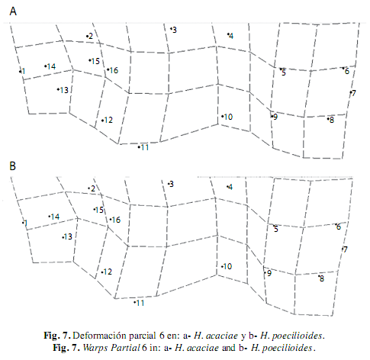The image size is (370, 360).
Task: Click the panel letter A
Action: click(x=13, y=11)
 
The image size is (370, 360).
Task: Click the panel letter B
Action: click(x=12, y=166)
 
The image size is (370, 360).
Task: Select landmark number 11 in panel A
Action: click(x=139, y=147)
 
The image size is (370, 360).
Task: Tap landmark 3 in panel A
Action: click(x=171, y=29)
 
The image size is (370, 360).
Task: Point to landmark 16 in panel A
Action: click(x=108, y=69)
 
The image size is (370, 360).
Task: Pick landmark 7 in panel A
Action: click(x=351, y=92)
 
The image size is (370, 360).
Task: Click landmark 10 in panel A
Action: click(x=222, y=117)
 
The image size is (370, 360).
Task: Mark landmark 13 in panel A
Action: click(x=58, y=89)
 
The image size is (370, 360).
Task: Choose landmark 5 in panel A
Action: click(x=281, y=69)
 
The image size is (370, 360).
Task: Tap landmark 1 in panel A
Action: click(x=20, y=72)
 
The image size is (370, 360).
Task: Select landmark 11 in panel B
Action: click(x=134, y=302)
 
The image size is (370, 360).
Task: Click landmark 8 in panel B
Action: click(x=319, y=276)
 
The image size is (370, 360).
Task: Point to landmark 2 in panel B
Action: click(x=88, y=188)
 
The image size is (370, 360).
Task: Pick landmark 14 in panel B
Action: click(x=50, y=217)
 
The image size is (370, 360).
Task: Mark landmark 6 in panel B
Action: click(x=336, y=224)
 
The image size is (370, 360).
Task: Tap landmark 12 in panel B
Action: click(x=102, y=272)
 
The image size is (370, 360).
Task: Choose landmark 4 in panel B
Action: click(x=227, y=187)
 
